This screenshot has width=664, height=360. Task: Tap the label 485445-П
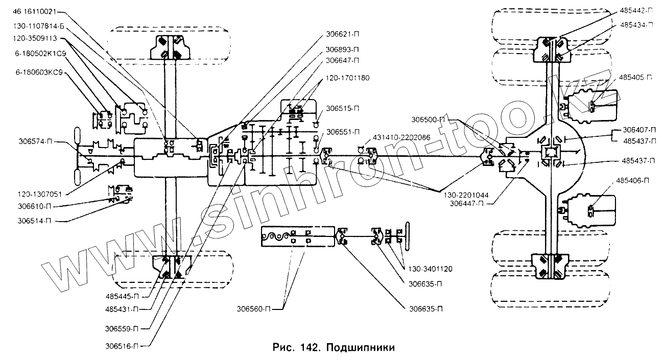pos(121,296)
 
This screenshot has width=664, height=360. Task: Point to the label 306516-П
pos(121,346)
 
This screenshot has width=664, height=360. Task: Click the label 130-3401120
pos(430,268)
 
